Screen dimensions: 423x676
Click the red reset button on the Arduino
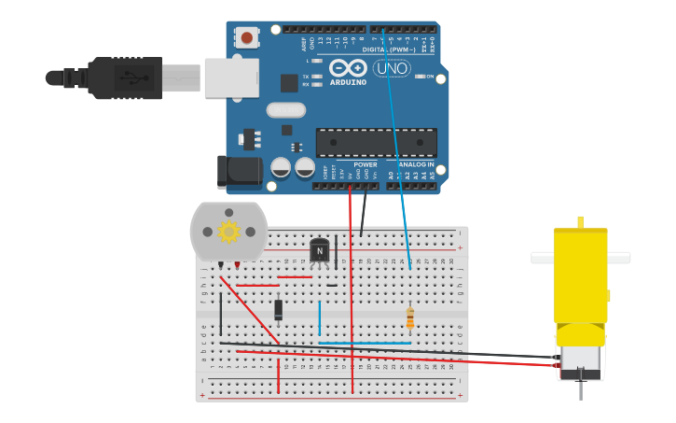[246, 38]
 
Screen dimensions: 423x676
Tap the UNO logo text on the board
[392, 68]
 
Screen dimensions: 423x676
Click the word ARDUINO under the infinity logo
[348, 82]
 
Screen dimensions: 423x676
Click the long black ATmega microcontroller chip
[376, 143]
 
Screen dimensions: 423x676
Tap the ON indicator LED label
[430, 77]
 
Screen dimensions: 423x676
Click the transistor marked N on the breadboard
[321, 250]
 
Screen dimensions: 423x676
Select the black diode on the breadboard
[278, 309]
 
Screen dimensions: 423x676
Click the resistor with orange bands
[410, 319]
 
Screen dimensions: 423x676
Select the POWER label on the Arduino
[366, 164]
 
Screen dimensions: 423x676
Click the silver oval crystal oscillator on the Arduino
[285, 110]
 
